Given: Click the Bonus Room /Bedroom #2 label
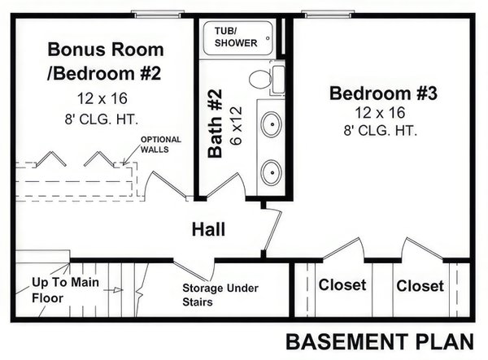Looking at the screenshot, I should pos(105,61).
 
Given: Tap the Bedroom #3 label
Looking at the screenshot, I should pos(383,93).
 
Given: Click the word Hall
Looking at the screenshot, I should pos(208,230).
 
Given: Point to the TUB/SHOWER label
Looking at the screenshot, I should pos(235,37).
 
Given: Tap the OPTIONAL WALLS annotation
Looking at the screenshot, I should pos(161,144).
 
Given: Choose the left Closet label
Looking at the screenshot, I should pos(342,285).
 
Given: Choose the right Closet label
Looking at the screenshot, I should pos(420,286).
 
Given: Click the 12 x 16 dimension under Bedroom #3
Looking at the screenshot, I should pos(383,113).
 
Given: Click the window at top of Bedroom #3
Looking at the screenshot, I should pos(332,14).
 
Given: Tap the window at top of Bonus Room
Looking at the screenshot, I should pos(158,14).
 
